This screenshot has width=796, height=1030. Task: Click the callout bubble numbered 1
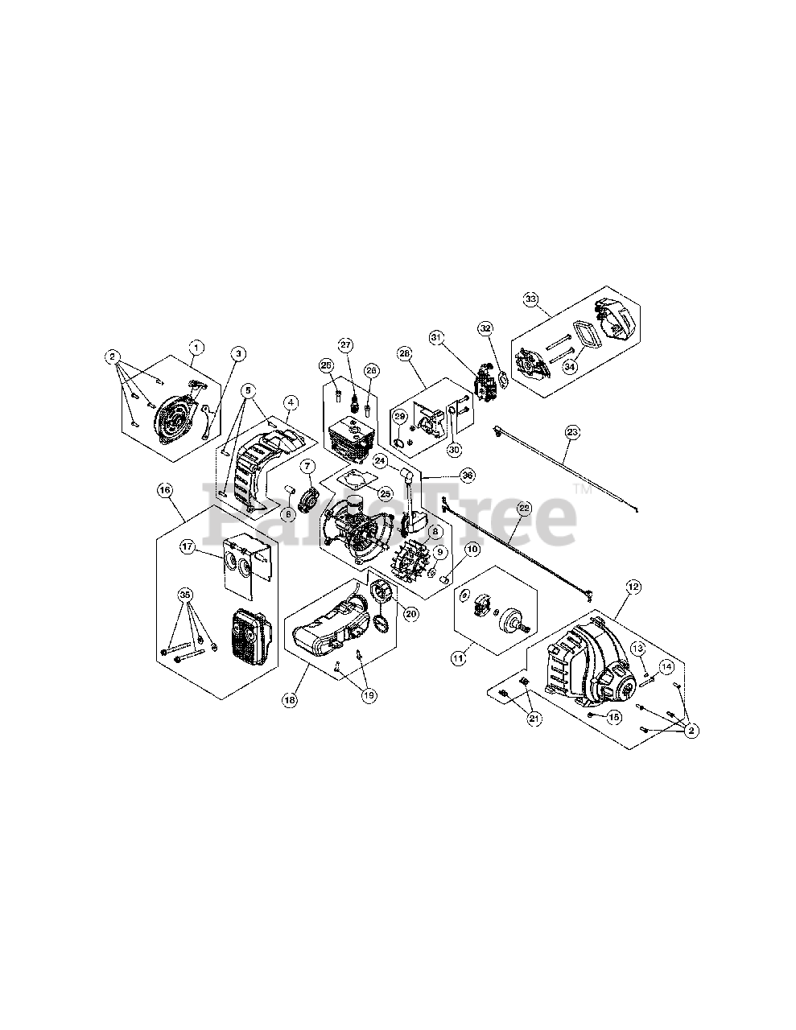click(x=196, y=347)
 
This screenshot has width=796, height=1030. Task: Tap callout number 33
click(x=530, y=299)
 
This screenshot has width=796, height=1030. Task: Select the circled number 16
click(x=166, y=488)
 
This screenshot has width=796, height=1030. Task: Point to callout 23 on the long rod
click(x=572, y=432)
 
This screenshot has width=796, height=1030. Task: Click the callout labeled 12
click(x=633, y=587)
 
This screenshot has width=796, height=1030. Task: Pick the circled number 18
click(x=289, y=700)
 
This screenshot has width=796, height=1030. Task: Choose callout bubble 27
click(x=346, y=345)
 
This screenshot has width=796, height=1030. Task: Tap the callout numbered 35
click(x=186, y=595)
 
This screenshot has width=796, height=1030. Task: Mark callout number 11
click(x=459, y=658)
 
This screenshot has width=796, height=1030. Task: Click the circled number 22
click(x=524, y=509)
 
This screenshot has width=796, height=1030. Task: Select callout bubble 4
click(x=290, y=402)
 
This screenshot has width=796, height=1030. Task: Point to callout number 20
click(x=410, y=613)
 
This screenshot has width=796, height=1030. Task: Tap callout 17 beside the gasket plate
click(x=187, y=547)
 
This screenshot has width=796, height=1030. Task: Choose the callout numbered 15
click(x=613, y=715)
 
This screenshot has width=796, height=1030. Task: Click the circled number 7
click(x=307, y=466)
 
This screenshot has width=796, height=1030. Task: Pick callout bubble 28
click(x=403, y=353)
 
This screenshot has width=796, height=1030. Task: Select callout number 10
click(x=472, y=549)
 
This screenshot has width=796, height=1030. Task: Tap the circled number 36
click(x=468, y=476)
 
